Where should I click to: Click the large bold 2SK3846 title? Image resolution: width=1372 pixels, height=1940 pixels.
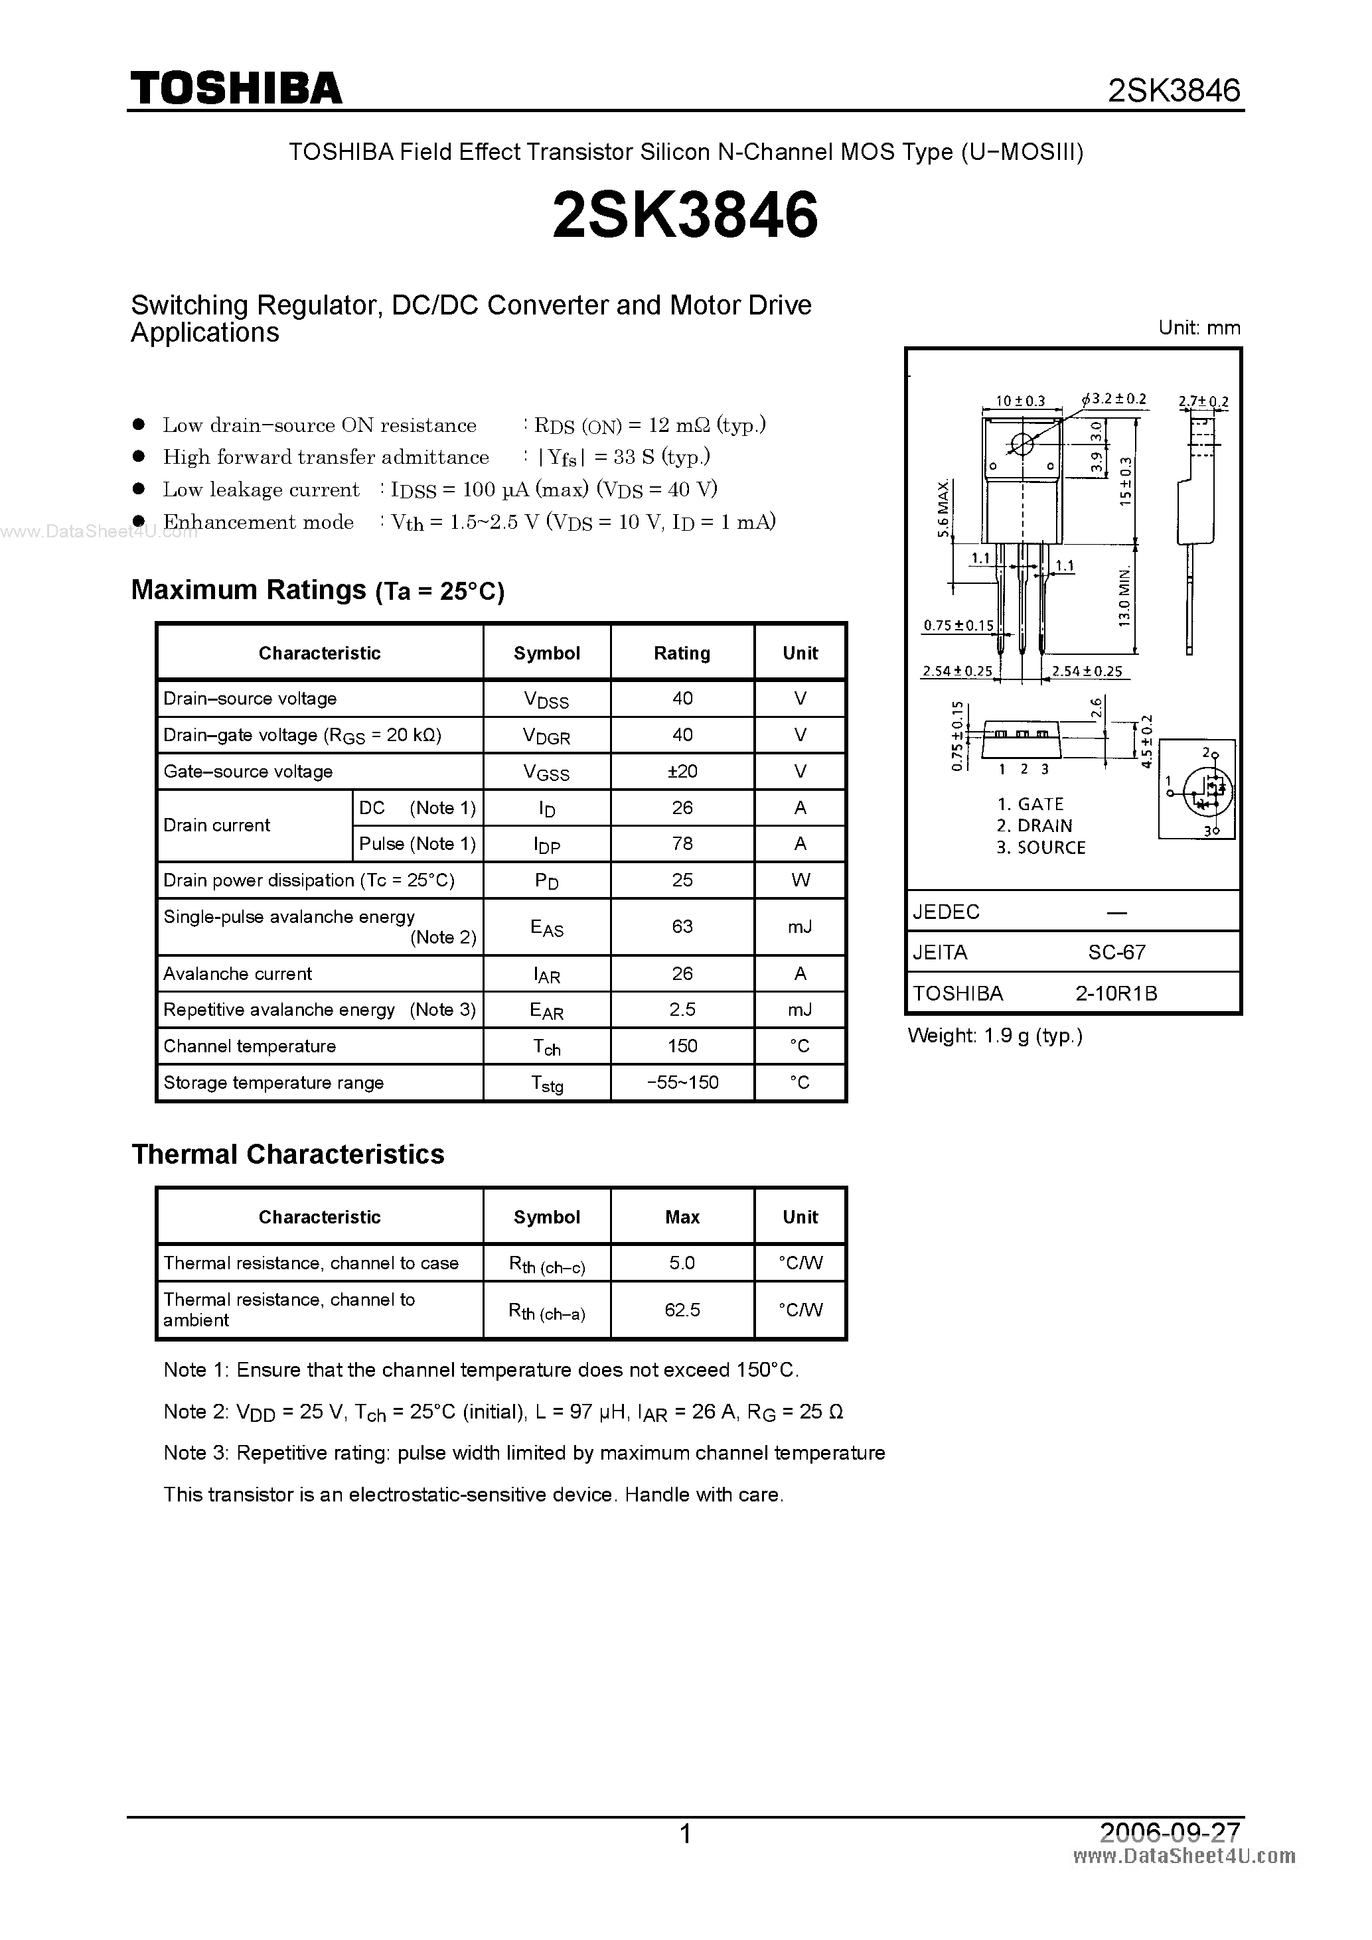point(685,214)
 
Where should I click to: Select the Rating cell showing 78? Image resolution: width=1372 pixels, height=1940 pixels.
point(682,843)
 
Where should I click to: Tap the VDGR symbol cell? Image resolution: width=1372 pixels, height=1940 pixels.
point(546,735)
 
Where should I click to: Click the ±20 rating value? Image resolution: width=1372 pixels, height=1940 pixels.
point(682,770)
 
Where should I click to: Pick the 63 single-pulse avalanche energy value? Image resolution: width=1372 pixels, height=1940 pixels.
point(682,926)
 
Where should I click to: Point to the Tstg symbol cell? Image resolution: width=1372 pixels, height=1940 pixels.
point(546,1083)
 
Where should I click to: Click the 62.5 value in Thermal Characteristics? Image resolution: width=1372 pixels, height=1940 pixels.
point(682,1310)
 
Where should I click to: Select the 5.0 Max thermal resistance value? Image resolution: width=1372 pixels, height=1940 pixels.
point(682,1263)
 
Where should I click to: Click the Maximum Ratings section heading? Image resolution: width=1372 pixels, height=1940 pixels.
point(317,590)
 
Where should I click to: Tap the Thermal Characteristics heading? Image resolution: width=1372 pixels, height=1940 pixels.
point(287,1154)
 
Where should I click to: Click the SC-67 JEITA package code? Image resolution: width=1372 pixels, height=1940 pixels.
point(1116,952)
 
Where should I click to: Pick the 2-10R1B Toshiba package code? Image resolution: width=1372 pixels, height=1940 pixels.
point(1116,993)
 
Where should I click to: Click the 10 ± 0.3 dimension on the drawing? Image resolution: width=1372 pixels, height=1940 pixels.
point(1020,401)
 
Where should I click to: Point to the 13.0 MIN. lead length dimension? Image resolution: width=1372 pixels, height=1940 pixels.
point(1124,596)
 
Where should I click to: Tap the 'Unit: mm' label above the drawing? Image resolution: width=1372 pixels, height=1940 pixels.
point(1199,328)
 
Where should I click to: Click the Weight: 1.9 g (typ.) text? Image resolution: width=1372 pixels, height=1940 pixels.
point(994,1036)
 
